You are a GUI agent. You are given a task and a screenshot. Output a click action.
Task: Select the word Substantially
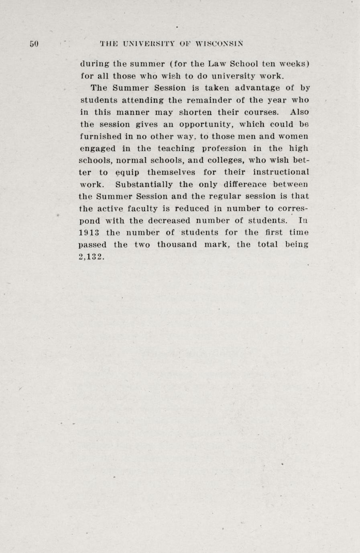(144, 184)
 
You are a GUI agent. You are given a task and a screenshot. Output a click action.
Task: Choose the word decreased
(169, 221)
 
